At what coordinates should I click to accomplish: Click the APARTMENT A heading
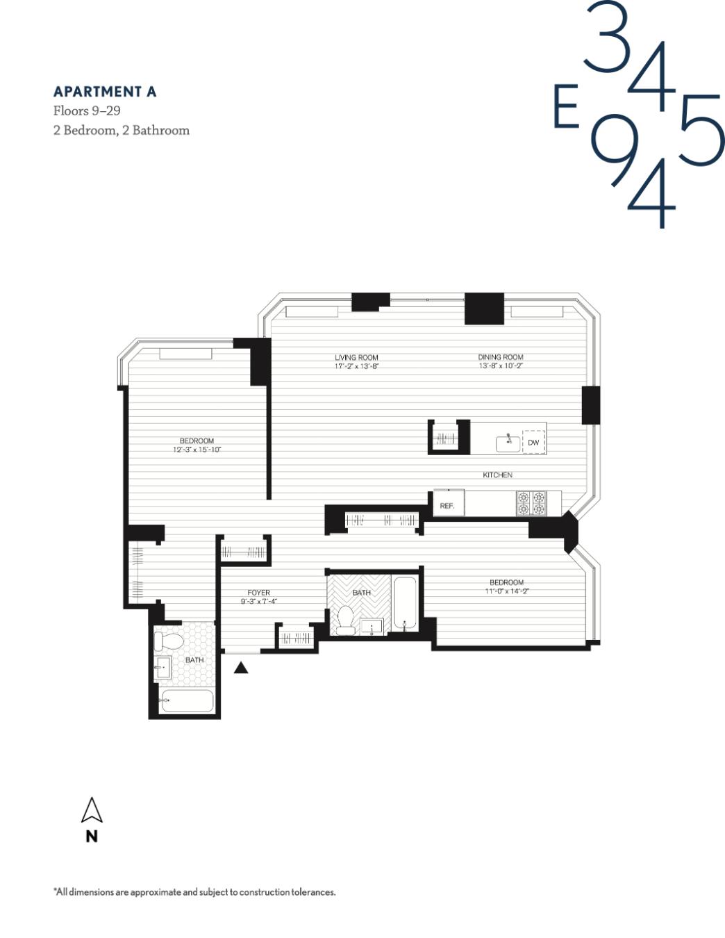click(x=105, y=92)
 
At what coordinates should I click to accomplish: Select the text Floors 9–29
click(x=87, y=110)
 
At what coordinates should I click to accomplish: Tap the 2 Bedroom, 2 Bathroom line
click(x=122, y=130)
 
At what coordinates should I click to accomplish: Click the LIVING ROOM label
click(x=356, y=358)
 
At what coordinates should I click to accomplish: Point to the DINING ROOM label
click(x=500, y=357)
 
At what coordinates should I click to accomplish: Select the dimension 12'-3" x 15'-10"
click(x=197, y=450)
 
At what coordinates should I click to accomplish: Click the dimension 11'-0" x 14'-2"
click(x=507, y=591)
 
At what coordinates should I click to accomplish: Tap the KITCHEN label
click(x=497, y=475)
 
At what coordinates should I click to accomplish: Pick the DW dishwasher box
click(x=533, y=443)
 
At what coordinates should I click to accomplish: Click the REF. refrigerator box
click(x=448, y=505)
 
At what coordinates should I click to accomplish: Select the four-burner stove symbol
click(x=531, y=504)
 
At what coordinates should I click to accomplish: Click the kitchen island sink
click(x=508, y=443)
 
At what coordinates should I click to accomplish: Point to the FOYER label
click(x=258, y=593)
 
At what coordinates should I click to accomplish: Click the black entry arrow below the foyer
click(x=241, y=668)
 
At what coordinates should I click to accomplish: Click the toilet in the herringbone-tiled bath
click(x=344, y=620)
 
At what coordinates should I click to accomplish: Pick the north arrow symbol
click(x=92, y=811)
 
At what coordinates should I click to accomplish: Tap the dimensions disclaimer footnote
click(x=194, y=892)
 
